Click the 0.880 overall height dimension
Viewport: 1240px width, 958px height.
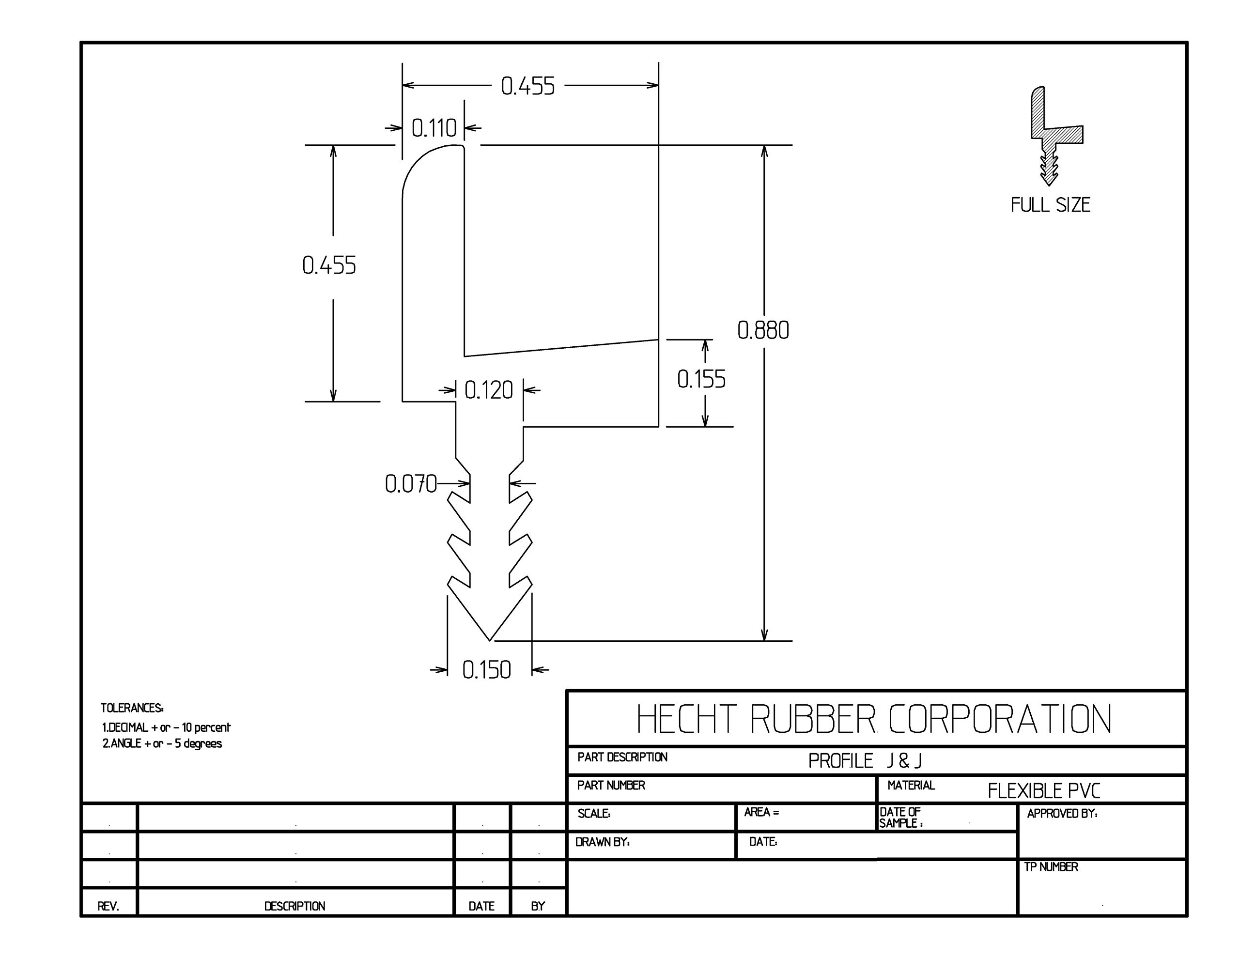tap(762, 330)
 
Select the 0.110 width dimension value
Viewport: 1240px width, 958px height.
tap(434, 128)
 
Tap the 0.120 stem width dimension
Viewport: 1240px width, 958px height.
tap(488, 390)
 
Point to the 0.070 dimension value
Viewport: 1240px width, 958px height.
tap(410, 484)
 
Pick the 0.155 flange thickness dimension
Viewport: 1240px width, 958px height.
tap(701, 379)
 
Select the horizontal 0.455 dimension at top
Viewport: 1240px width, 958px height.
tap(527, 86)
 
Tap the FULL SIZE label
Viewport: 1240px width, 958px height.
tap(1050, 205)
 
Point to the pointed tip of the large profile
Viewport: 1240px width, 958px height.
tap(489, 639)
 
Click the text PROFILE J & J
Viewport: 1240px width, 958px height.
tap(864, 761)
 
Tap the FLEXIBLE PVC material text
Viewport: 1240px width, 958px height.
tap(1043, 790)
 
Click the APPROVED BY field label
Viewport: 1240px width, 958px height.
tap(1062, 813)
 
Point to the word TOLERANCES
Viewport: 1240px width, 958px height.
tap(132, 708)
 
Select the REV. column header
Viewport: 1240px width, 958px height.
tap(108, 906)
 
